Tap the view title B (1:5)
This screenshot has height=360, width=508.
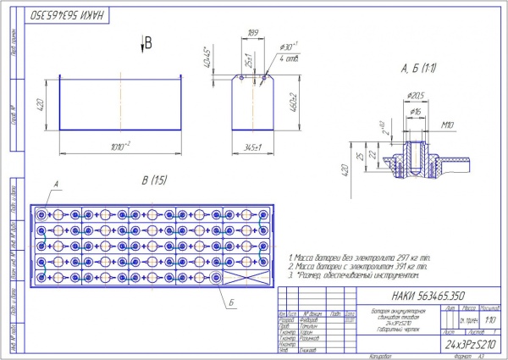pyautogui.click(x=145, y=180)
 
